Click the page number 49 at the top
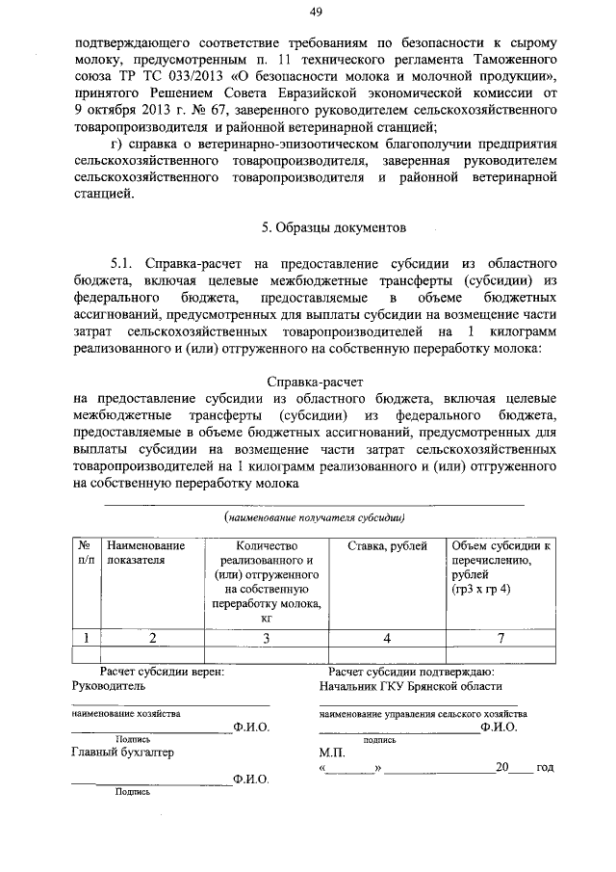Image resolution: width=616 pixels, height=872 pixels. [315, 12]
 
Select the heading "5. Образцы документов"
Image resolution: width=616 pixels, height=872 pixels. [321, 228]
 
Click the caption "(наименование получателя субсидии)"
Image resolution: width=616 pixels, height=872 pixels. [314, 517]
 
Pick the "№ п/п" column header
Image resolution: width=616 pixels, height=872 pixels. [86, 552]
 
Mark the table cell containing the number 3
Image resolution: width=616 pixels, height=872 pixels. [266, 637]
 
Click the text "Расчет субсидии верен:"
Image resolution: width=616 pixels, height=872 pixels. [163, 672]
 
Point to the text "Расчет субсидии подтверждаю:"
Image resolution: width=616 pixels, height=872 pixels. [411, 672]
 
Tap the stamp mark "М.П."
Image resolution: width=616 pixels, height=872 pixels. [331, 753]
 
